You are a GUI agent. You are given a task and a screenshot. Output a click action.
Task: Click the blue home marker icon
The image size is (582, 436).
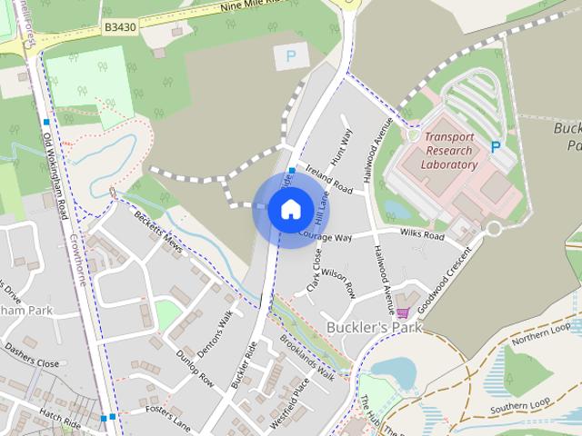[290, 209]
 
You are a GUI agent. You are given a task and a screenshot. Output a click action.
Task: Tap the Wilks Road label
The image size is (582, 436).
[422, 234]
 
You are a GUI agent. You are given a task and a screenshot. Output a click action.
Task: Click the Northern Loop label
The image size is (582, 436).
[542, 334]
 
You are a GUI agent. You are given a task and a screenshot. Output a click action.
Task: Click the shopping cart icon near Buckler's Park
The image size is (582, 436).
[402, 313]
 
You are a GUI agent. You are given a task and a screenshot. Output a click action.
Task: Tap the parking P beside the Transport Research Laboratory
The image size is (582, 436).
[496, 146]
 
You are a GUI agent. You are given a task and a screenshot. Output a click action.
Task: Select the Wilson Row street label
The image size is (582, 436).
[337, 283]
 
